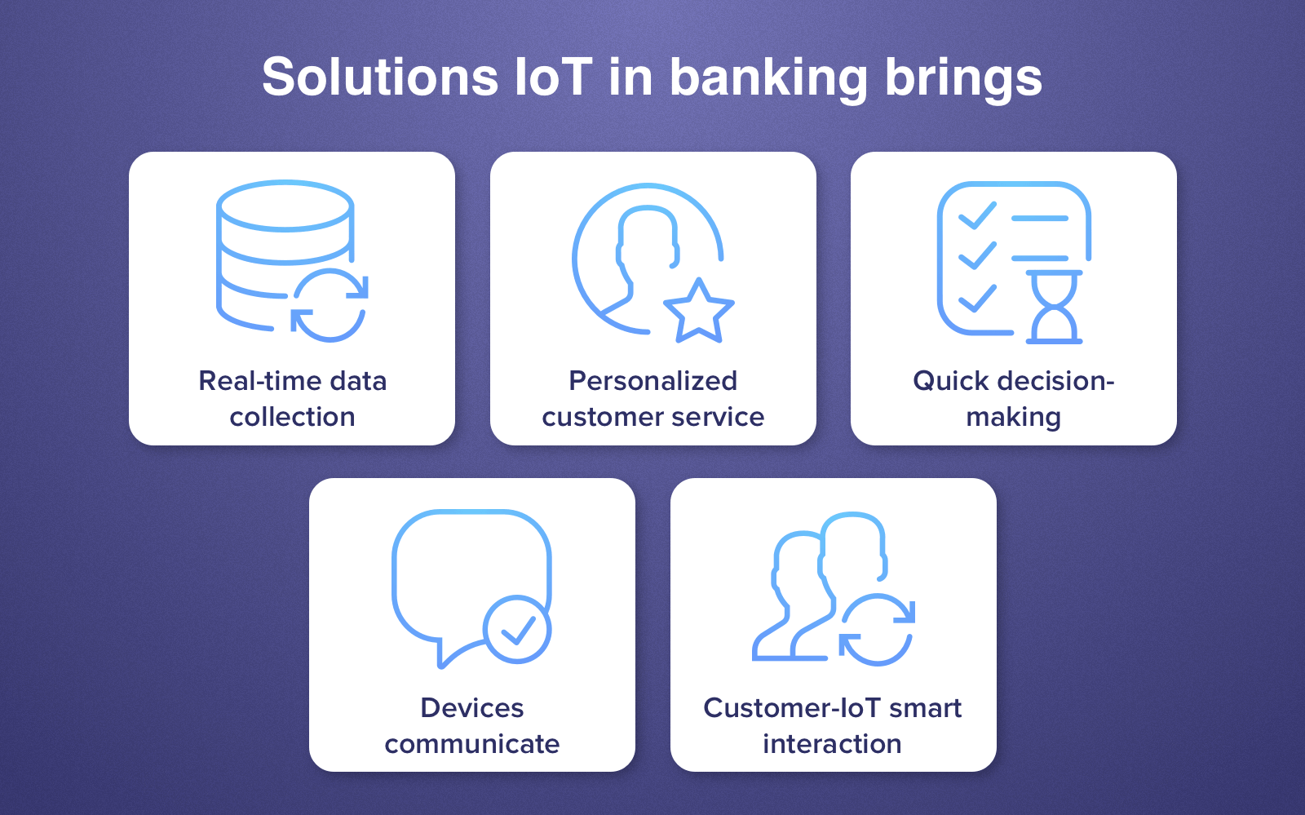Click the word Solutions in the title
pos(379,78)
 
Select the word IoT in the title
pos(553,78)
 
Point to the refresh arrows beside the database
pos(330,305)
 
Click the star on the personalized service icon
pos(699,312)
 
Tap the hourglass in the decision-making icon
pos(1054,307)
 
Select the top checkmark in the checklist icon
pos(976,216)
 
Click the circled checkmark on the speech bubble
pos(517,629)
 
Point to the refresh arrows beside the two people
pos(878,629)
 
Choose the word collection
pos(292,417)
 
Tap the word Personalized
pos(652,381)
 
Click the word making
pos(1013,418)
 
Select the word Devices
pos(471,708)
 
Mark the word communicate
pos(471,744)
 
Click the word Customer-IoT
pos(791,708)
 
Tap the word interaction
pos(832,744)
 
